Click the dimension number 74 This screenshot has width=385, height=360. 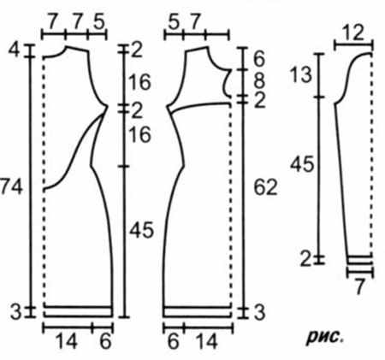click(x=11, y=187)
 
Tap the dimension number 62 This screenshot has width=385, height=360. click(x=265, y=187)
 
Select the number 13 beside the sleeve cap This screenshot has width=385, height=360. click(x=300, y=74)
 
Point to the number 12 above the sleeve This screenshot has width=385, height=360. click(x=353, y=32)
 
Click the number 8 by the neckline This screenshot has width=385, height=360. click(x=259, y=80)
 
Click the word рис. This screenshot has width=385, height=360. click(x=325, y=337)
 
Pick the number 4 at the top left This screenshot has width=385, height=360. click(x=15, y=50)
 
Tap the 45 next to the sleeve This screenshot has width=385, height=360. click(x=302, y=164)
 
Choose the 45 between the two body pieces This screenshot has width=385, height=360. click(x=142, y=230)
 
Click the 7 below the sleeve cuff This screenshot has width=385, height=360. click(x=359, y=286)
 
